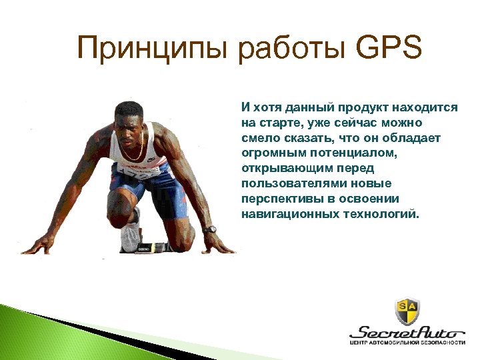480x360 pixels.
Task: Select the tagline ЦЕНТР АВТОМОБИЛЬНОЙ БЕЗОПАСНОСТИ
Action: (x=407, y=343)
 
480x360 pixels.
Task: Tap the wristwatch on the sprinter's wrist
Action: (x=209, y=229)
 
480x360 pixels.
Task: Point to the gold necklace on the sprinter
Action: (x=133, y=156)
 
